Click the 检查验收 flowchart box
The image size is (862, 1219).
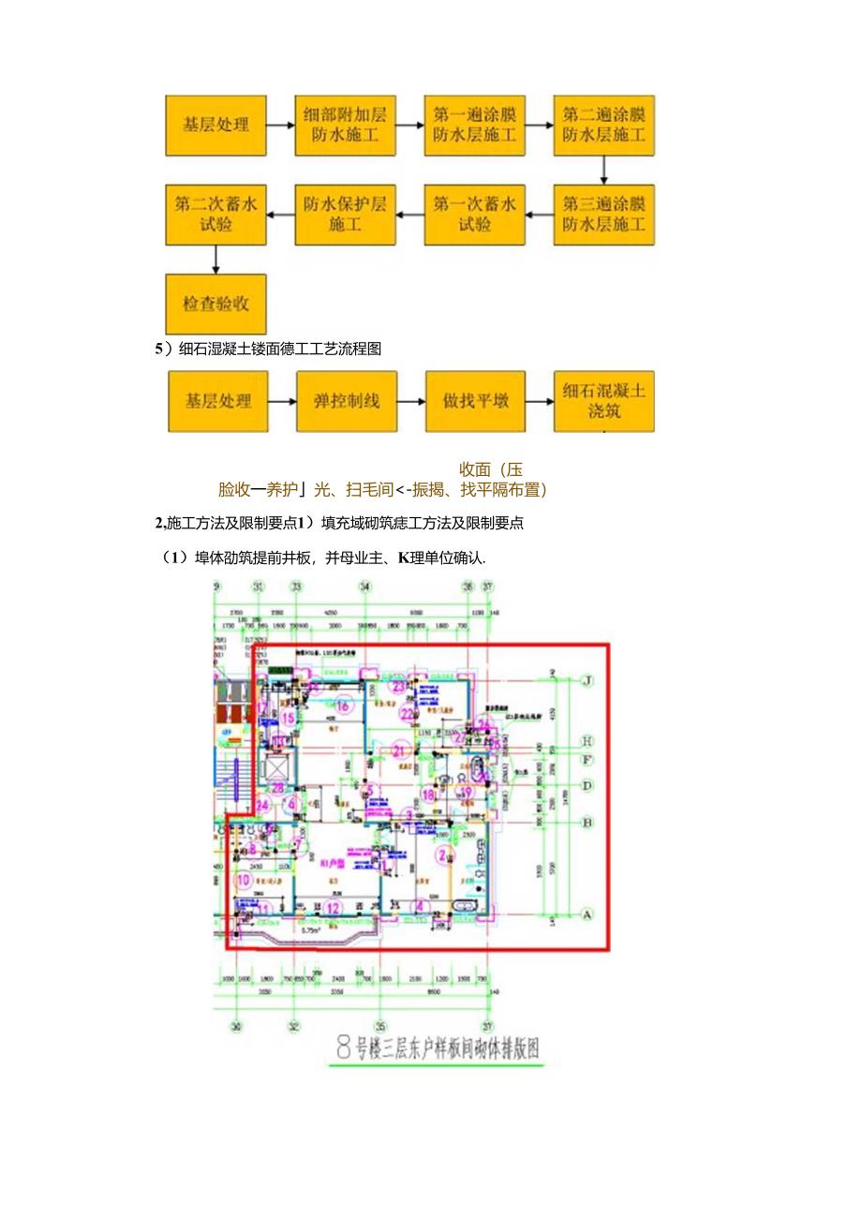[215, 304]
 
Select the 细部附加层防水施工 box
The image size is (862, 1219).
[345, 125]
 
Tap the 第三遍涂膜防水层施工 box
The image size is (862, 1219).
[603, 215]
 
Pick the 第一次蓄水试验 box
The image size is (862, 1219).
[474, 215]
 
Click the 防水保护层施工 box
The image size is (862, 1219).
[345, 215]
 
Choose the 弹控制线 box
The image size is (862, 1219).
[345, 401]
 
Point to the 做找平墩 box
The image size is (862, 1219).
[474, 401]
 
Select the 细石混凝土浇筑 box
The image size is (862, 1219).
[603, 401]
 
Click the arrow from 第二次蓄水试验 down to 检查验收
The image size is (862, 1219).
[215, 259]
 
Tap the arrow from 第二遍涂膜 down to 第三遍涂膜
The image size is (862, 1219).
[603, 170]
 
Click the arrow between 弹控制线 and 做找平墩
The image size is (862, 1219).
[409, 401]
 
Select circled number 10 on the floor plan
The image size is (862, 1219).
[244, 880]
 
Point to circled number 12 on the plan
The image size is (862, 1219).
[334, 907]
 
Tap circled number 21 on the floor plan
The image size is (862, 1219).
[400, 751]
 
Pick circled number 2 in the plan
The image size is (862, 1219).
[443, 854]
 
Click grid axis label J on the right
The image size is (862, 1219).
[588, 681]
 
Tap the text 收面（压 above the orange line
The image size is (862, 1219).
[491, 469]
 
